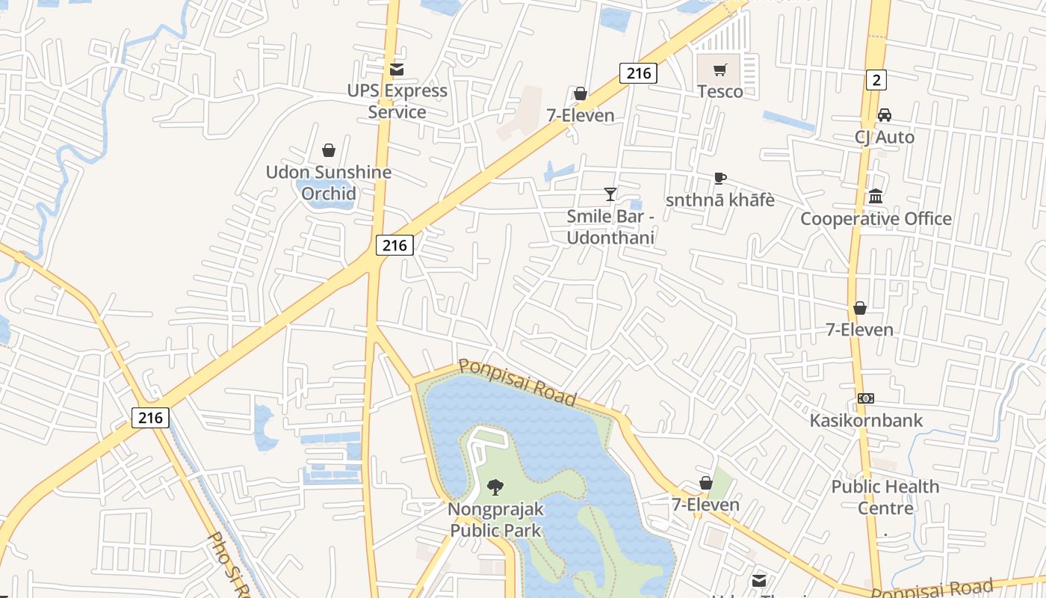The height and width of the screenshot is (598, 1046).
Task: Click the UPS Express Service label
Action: (x=397, y=102)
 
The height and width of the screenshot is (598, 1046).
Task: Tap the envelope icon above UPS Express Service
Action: (x=397, y=70)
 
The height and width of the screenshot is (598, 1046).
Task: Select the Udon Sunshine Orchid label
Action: (x=329, y=183)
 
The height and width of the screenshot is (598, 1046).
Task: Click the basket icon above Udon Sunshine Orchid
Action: (x=328, y=150)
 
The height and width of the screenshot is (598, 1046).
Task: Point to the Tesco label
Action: (x=720, y=92)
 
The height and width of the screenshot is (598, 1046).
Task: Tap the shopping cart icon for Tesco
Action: (x=719, y=70)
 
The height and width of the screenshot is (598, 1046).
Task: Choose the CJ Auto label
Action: (x=885, y=138)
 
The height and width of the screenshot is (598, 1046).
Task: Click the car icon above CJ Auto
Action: (x=885, y=115)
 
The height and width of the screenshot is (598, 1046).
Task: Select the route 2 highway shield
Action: (x=876, y=79)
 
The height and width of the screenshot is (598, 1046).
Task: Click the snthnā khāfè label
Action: (x=719, y=200)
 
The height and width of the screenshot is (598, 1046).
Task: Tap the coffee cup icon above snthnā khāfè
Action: (x=719, y=179)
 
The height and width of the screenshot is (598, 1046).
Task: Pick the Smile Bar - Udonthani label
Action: (x=610, y=227)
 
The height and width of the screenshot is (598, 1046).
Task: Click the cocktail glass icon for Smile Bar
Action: (x=610, y=194)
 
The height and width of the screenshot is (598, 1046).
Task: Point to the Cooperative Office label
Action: (x=876, y=219)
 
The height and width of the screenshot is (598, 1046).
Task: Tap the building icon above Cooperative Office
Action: (x=876, y=197)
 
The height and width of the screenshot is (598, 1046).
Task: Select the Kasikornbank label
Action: (x=867, y=420)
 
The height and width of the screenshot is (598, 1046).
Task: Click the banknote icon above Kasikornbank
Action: (x=866, y=398)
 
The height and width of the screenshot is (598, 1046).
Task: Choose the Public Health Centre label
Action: (x=885, y=497)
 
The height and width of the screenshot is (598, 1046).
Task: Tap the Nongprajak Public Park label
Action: (x=495, y=520)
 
